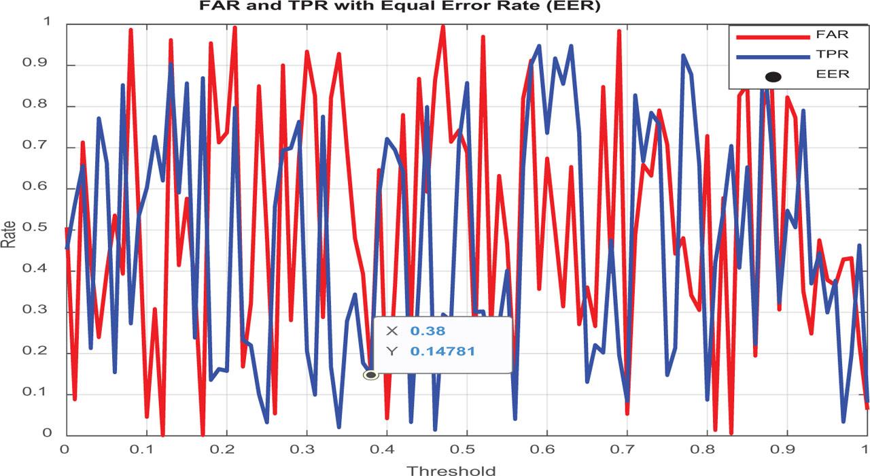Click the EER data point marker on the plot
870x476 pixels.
370,375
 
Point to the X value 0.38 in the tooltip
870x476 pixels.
428,331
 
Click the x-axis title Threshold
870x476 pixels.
451,469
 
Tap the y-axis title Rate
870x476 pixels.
9,234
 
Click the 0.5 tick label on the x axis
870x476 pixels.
466,449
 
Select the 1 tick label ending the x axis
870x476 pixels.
865,449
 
